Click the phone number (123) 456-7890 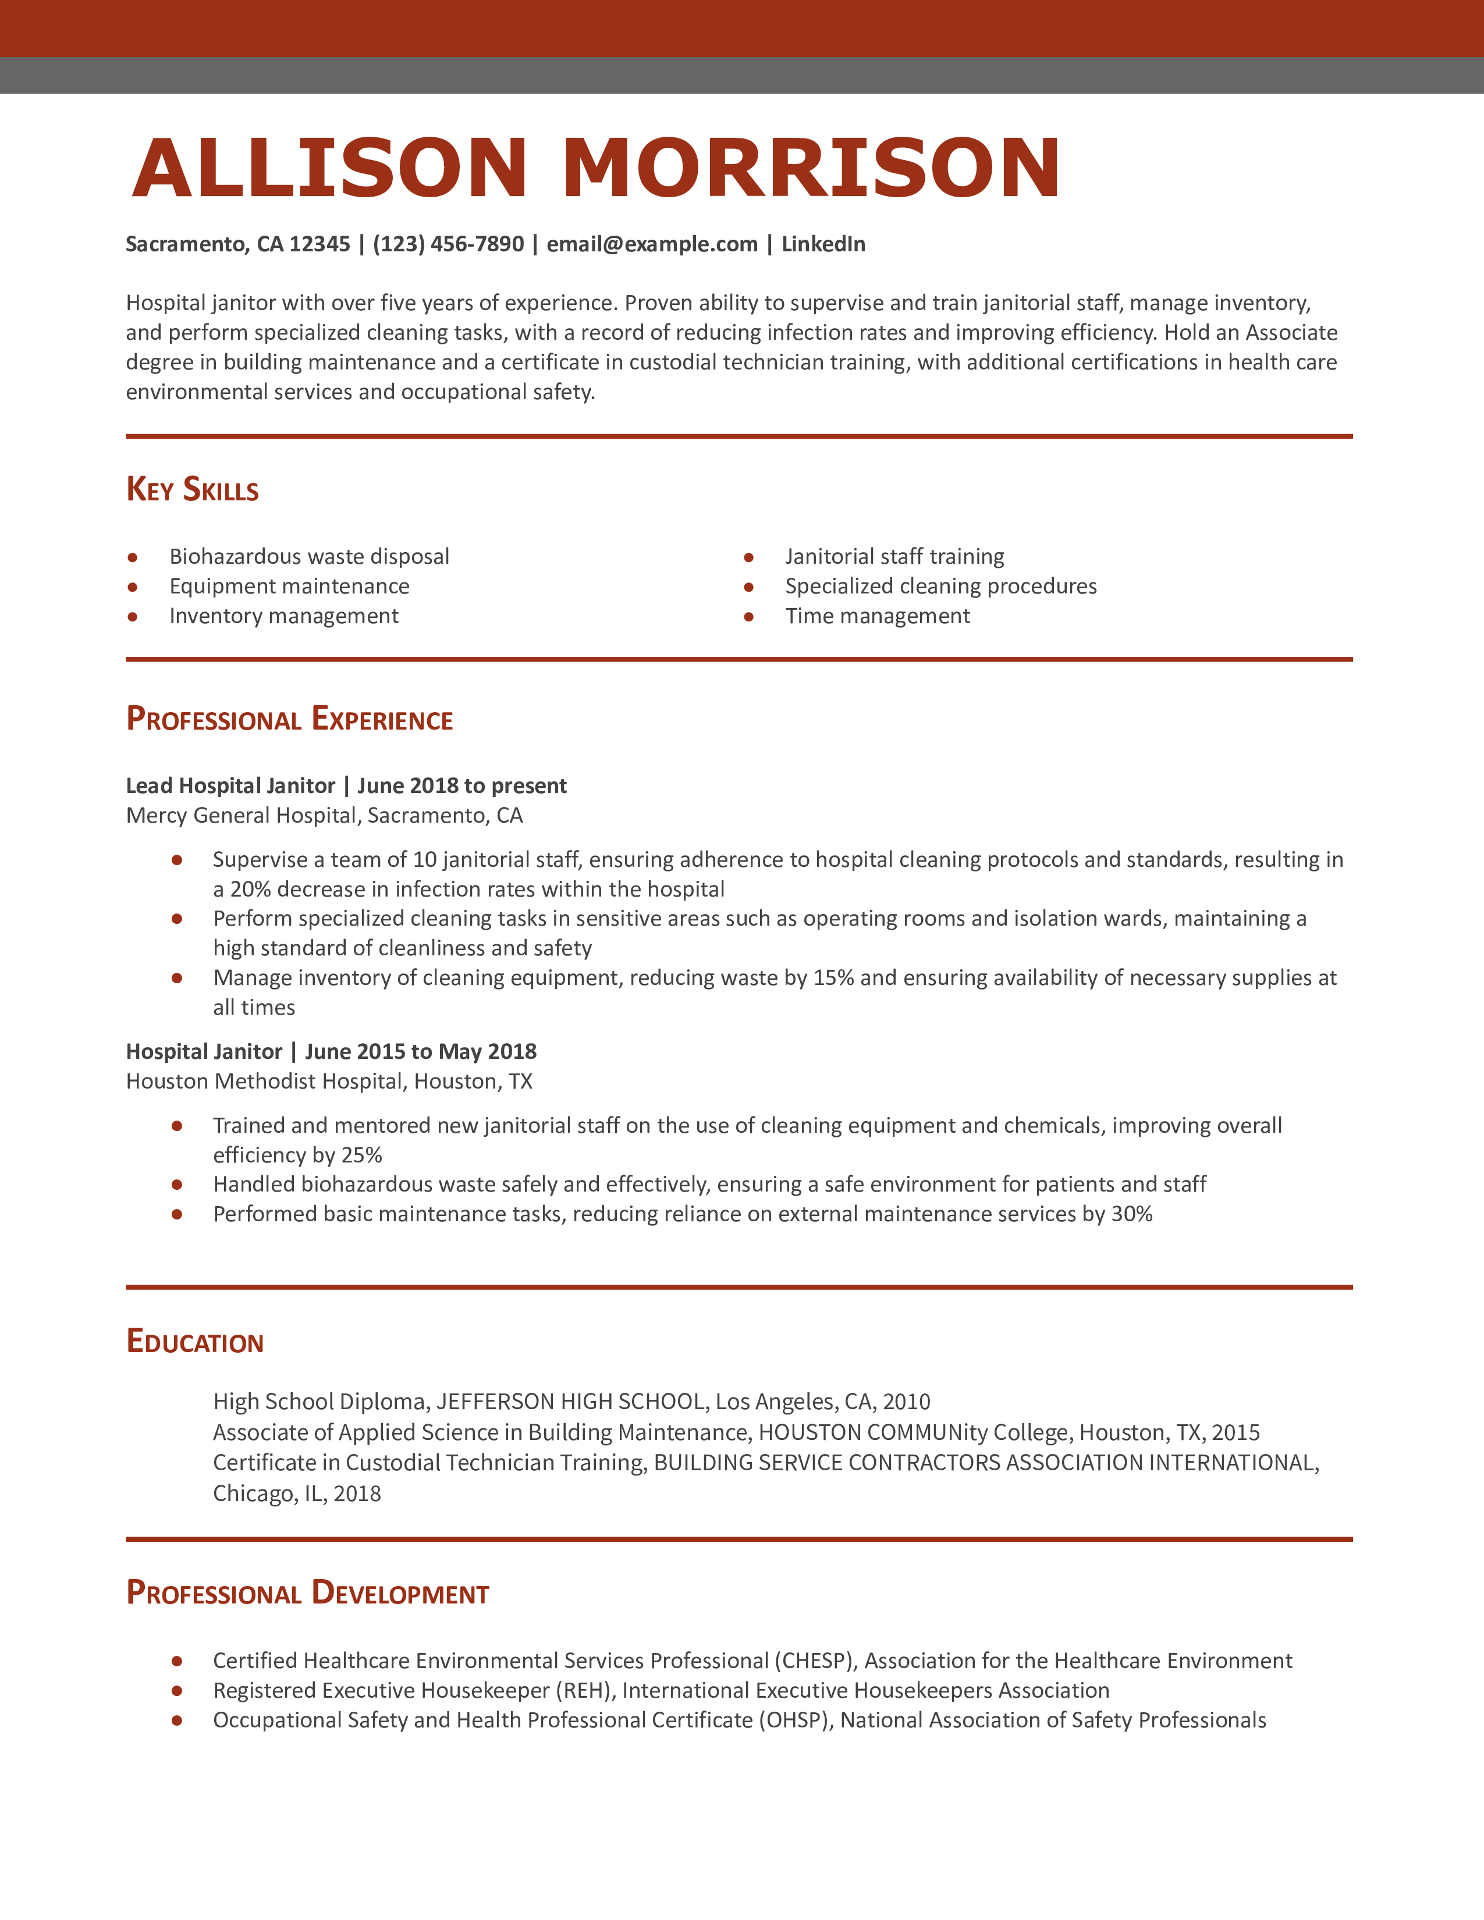pyautogui.click(x=448, y=244)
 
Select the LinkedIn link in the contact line pyautogui.click(x=823, y=244)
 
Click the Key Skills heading pyautogui.click(x=193, y=490)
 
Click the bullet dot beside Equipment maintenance pyautogui.click(x=133, y=587)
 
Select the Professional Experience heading pyautogui.click(x=289, y=719)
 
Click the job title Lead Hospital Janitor pyautogui.click(x=230, y=786)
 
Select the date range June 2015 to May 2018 pyautogui.click(x=420, y=1053)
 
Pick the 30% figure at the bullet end pyautogui.click(x=1131, y=1214)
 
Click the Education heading pyautogui.click(x=194, y=1342)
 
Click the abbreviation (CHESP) pyautogui.click(x=814, y=1661)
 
